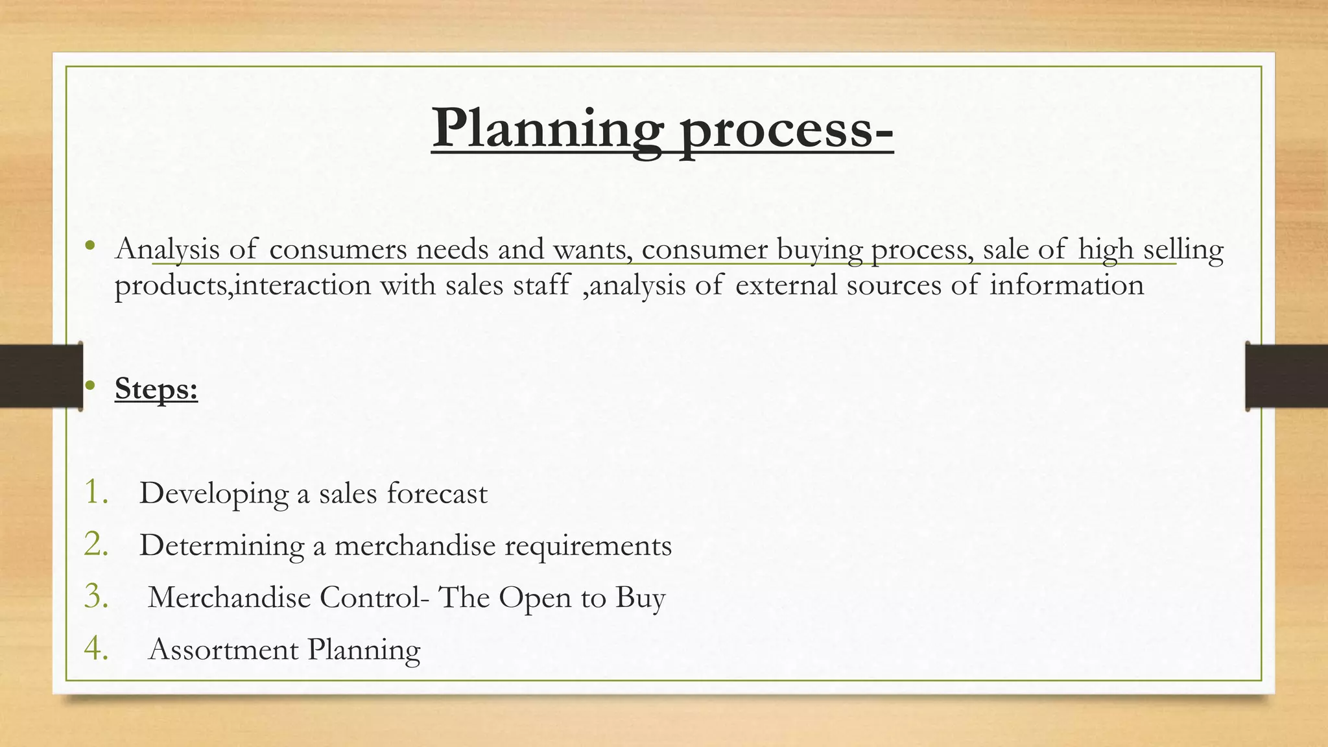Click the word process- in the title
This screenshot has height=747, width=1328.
tap(786, 128)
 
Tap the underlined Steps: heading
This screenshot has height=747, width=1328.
tap(156, 388)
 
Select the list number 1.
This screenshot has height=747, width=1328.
tap(95, 492)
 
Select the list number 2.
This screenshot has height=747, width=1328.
tap(95, 544)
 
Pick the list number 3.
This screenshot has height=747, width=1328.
tap(95, 597)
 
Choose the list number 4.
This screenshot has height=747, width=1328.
tap(95, 648)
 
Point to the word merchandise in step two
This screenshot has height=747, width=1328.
tap(414, 545)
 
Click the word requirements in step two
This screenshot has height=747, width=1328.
tap(587, 547)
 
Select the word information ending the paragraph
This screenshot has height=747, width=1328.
tap(1066, 285)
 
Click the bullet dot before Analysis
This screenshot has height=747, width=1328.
tap(90, 246)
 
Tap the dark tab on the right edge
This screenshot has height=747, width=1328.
tap(1286, 376)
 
